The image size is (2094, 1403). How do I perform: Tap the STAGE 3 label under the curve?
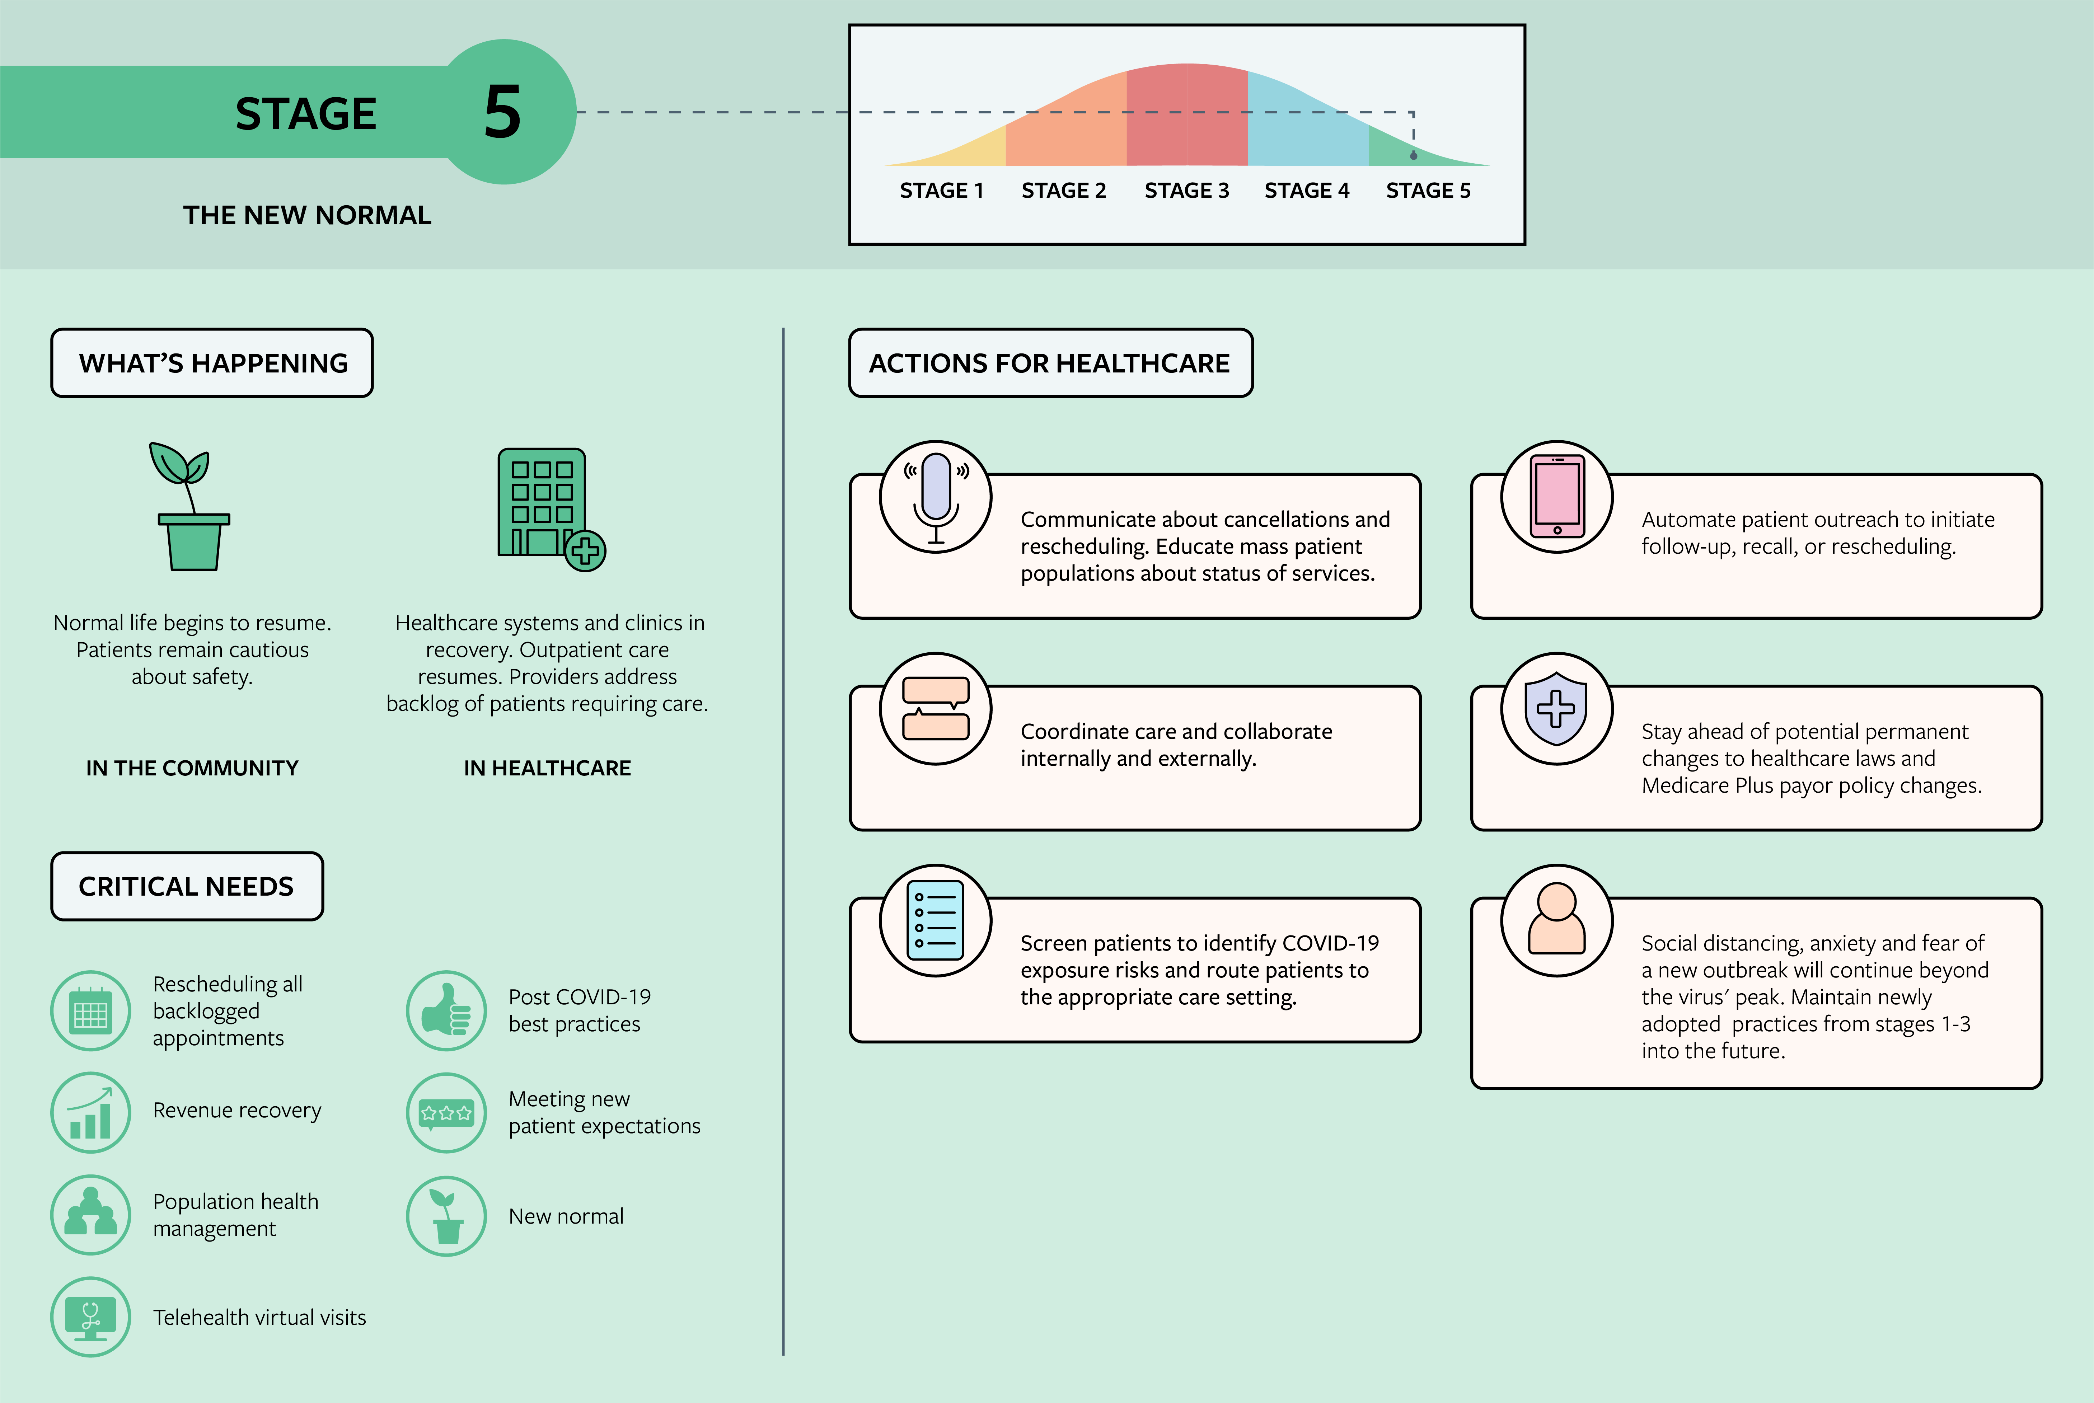pyautogui.click(x=1186, y=191)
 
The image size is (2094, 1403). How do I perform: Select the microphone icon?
pyautogui.click(x=935, y=497)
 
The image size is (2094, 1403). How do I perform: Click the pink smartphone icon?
pyautogui.click(x=1557, y=497)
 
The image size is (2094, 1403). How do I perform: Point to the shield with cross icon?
pyautogui.click(x=1557, y=709)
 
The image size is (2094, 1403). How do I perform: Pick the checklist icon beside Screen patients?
pyautogui.click(x=935, y=920)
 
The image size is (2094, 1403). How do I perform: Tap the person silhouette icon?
pyautogui.click(x=1557, y=920)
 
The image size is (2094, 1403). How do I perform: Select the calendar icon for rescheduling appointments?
pyautogui.click(x=90, y=1011)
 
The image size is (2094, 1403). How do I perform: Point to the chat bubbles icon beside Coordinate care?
pyautogui.click(x=935, y=709)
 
